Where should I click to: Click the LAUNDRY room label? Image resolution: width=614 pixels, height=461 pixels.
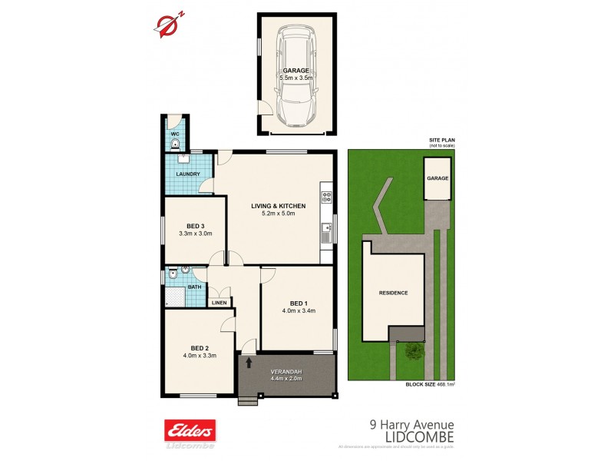pyautogui.click(x=187, y=174)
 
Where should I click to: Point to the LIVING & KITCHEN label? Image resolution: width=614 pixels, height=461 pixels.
pyautogui.click(x=279, y=206)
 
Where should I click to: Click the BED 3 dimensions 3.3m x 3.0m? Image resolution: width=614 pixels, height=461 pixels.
pyautogui.click(x=195, y=234)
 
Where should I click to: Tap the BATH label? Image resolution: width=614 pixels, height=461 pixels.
pyautogui.click(x=195, y=287)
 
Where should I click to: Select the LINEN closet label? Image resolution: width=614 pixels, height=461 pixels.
pyautogui.click(x=220, y=303)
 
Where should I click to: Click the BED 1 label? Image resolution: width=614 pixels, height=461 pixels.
pyautogui.click(x=299, y=302)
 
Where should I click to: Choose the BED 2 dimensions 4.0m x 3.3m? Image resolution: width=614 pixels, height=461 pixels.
pyautogui.click(x=200, y=355)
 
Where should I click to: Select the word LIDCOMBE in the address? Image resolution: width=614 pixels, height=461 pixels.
pyautogui.click(x=418, y=436)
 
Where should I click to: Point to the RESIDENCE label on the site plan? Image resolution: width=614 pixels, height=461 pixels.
pyautogui.click(x=393, y=293)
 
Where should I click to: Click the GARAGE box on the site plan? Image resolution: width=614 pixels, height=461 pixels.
pyautogui.click(x=437, y=178)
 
